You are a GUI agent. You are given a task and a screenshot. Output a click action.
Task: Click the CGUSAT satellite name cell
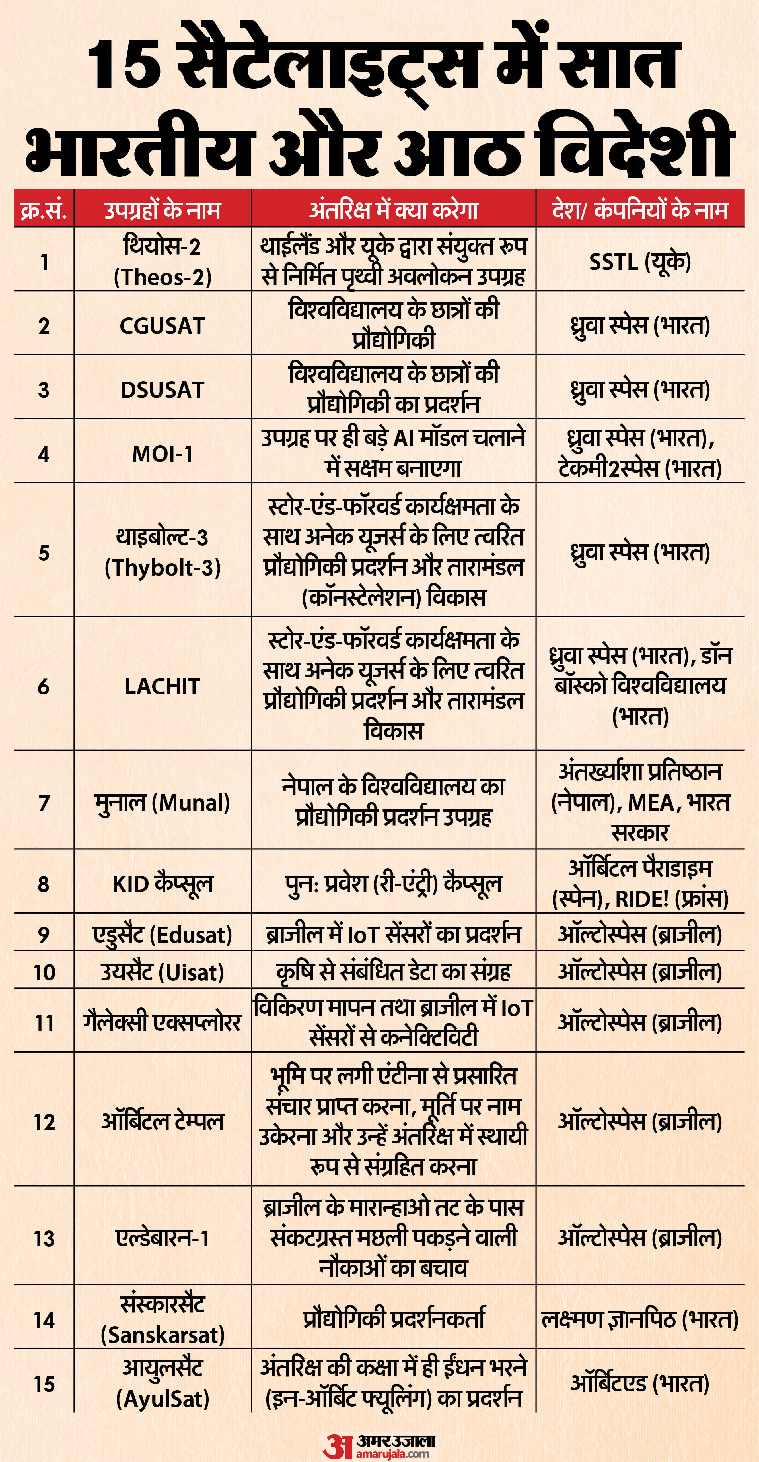pyautogui.click(x=163, y=326)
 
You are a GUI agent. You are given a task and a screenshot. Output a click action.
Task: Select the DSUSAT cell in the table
pyautogui.click(x=163, y=390)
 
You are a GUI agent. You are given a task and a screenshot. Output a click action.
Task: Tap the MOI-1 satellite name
pyautogui.click(x=163, y=453)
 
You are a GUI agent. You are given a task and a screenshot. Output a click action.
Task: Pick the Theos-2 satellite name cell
pyautogui.click(x=163, y=262)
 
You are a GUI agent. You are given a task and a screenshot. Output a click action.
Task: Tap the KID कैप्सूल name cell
pyautogui.click(x=163, y=884)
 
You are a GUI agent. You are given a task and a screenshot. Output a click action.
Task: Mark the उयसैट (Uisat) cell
pyautogui.click(x=163, y=972)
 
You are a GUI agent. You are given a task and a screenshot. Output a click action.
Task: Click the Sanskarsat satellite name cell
pyautogui.click(x=163, y=1319)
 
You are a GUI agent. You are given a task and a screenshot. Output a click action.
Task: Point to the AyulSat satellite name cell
pyautogui.click(x=163, y=1383)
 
